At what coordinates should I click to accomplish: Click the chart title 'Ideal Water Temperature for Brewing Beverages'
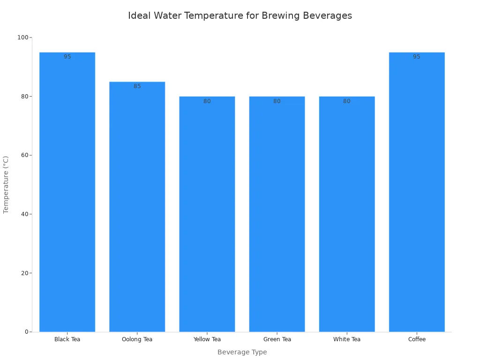[240, 15]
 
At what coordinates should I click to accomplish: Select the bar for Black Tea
[67, 192]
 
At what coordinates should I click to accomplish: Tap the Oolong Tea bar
[137, 207]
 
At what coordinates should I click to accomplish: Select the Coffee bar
[417, 192]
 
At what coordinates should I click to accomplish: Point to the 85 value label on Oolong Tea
[137, 86]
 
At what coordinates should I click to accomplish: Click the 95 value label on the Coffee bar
[417, 57]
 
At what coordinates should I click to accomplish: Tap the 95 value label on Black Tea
[67, 57]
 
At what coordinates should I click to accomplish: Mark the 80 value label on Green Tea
[277, 101]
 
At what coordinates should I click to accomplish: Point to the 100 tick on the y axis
[23, 37]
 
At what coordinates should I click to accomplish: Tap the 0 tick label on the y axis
[27, 332]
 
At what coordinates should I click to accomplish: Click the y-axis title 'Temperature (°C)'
[6, 185]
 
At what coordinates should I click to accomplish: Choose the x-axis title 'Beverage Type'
[242, 352]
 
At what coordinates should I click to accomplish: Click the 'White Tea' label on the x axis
[347, 339]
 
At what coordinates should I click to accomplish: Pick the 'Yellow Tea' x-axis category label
[207, 339]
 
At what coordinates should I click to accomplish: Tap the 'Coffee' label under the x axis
[417, 339]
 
